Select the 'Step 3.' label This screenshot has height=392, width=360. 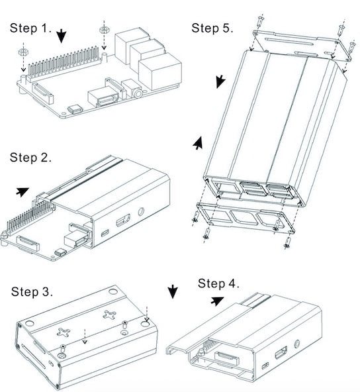tap(32, 291)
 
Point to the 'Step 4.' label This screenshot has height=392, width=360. tap(218, 283)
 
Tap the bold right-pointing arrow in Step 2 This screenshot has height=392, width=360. tap(23, 191)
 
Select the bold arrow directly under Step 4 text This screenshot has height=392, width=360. tap(216, 301)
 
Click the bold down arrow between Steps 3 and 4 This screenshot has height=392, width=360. tap(173, 291)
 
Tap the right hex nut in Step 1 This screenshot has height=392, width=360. tap(104, 30)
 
